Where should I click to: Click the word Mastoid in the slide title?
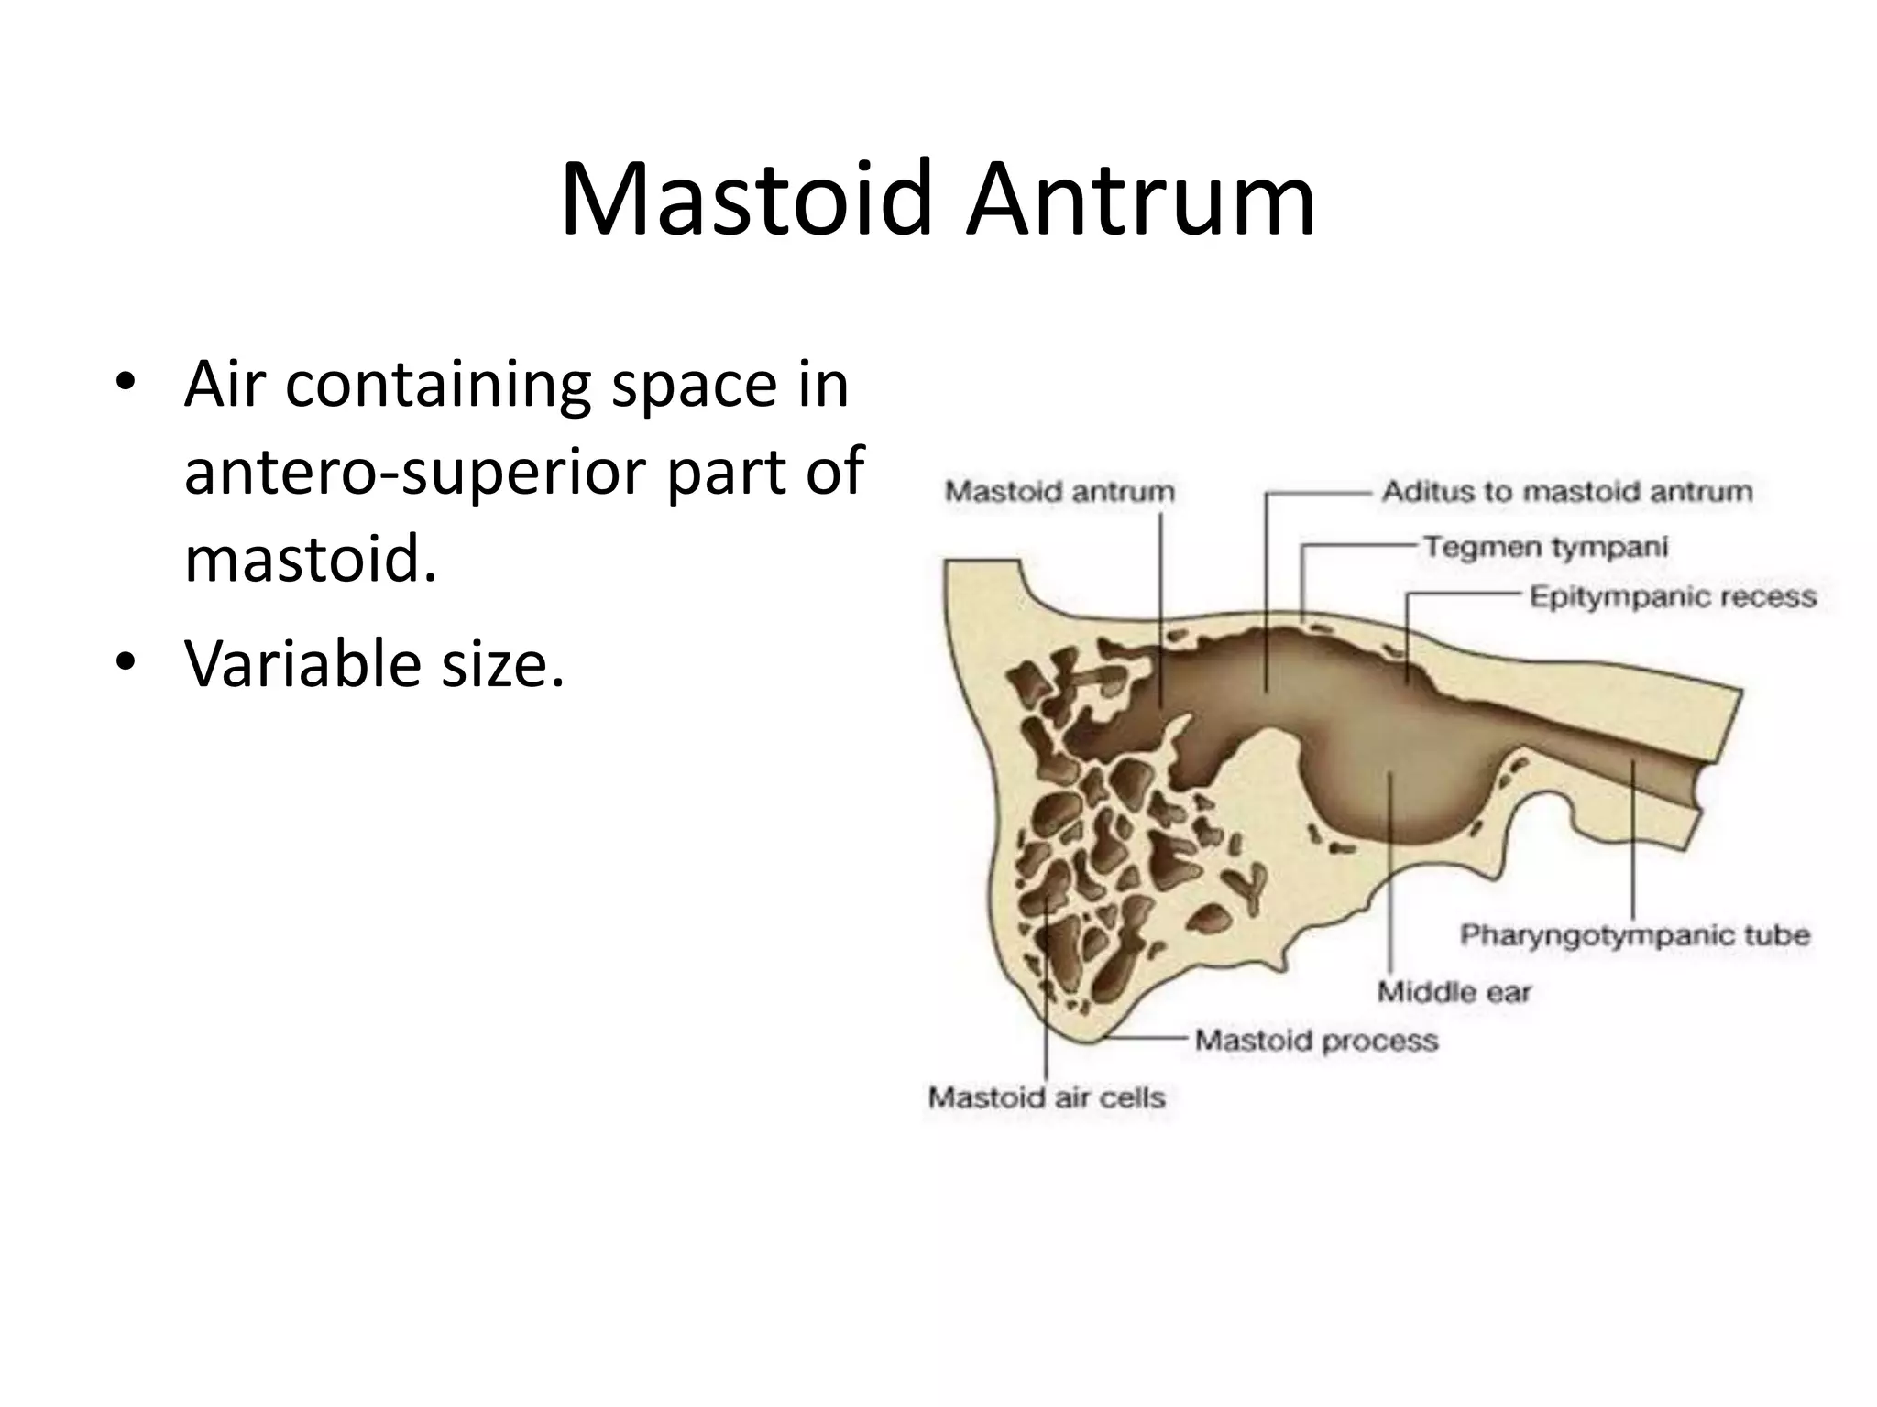point(745,200)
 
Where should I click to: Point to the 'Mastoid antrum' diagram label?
point(1059,492)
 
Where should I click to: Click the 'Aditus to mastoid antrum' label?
point(1567,492)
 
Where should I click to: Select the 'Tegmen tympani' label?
point(1545,548)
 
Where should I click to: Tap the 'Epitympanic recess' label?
point(1673,597)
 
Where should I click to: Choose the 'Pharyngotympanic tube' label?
point(1635,935)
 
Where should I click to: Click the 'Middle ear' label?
point(1454,992)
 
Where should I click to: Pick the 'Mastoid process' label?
point(1316,1041)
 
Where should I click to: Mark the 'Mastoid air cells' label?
point(1046,1097)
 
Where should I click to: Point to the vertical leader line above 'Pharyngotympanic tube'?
point(1633,843)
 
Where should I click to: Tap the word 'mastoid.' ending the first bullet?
point(310,559)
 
